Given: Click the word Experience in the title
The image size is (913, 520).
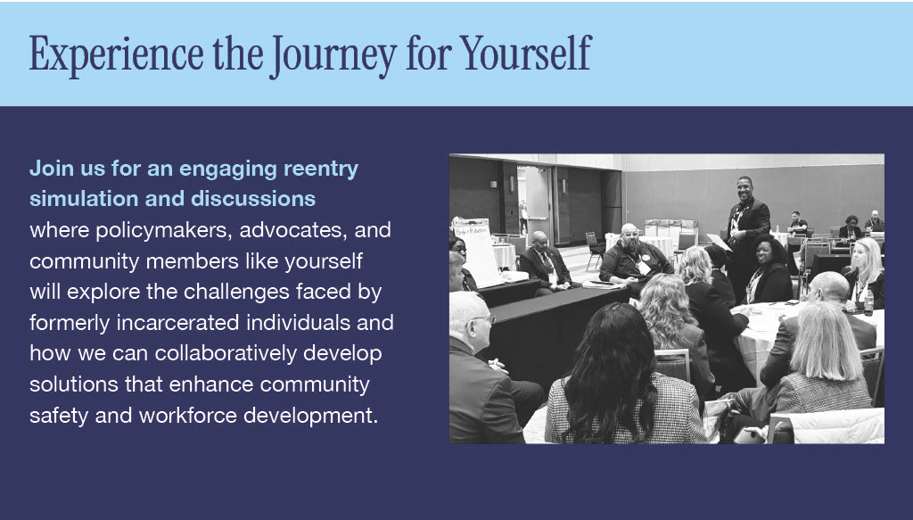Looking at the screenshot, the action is [x=117, y=54].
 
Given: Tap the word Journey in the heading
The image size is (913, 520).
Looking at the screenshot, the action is [x=333, y=56].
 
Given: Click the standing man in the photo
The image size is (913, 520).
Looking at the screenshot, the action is [x=746, y=232].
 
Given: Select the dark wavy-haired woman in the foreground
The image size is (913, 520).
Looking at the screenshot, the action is [x=619, y=378].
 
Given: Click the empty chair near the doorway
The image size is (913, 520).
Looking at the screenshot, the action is [x=594, y=249].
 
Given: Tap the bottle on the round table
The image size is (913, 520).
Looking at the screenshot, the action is [x=868, y=301].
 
